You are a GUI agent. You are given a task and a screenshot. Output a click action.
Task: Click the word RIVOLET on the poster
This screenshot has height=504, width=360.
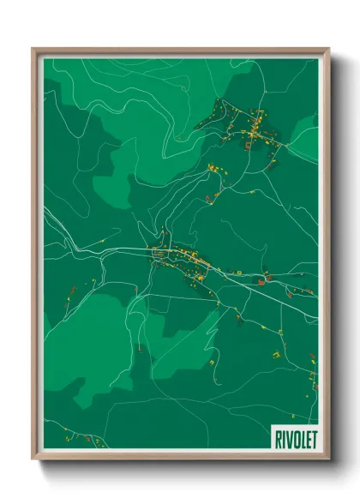tap(295, 438)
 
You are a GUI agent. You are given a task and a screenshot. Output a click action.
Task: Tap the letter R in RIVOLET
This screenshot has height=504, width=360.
tap(278, 438)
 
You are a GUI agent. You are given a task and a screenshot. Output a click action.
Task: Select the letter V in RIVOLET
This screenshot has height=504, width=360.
tap(287, 438)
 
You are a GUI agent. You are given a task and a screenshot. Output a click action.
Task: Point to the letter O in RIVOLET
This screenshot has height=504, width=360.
tap(294, 438)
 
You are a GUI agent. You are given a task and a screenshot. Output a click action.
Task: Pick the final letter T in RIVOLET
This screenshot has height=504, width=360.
tap(313, 438)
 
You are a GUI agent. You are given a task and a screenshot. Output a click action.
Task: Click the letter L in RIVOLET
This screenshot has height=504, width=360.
tap(301, 438)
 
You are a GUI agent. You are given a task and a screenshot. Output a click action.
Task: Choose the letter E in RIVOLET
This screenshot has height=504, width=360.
tap(307, 438)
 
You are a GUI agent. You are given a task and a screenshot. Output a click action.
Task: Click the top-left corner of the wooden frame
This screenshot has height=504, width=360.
tap(33, 49)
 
